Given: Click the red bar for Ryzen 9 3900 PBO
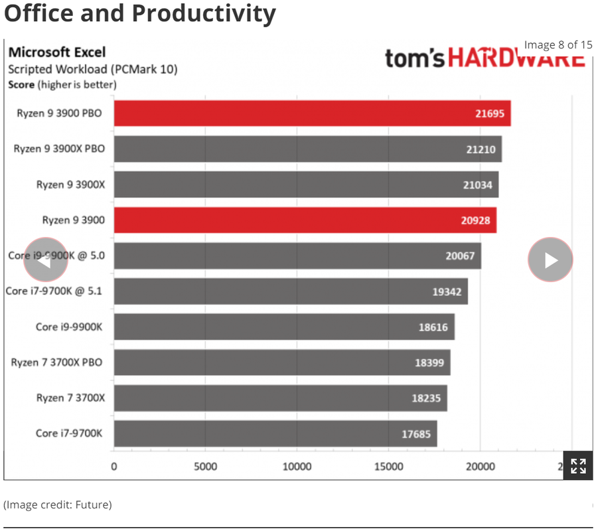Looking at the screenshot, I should tap(312, 114).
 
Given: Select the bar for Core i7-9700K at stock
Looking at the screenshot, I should tap(275, 433).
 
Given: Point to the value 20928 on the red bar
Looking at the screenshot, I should tap(475, 220).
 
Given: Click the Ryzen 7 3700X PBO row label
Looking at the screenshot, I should tap(58, 362).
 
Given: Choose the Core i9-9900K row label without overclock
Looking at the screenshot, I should tap(69, 327).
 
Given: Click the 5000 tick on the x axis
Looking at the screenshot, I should tap(205, 467).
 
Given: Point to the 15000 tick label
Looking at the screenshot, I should tap(388, 467).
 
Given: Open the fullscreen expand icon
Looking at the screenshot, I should tap(578, 466).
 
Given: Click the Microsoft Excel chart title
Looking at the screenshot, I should tap(56, 52).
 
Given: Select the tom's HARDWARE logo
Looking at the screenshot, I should tap(484, 58).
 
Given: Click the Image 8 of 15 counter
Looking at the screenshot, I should tap(558, 45).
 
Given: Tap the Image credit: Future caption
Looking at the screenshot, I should tap(58, 504).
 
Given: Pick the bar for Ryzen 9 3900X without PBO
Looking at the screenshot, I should tap(305, 185).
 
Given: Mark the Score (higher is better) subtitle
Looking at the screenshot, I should tap(62, 84).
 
